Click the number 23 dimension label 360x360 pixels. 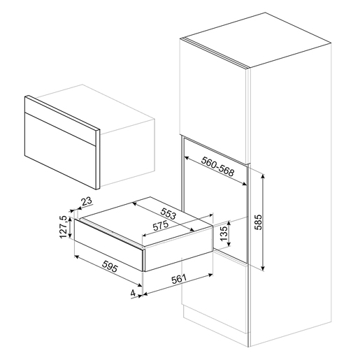coord(86,202)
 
